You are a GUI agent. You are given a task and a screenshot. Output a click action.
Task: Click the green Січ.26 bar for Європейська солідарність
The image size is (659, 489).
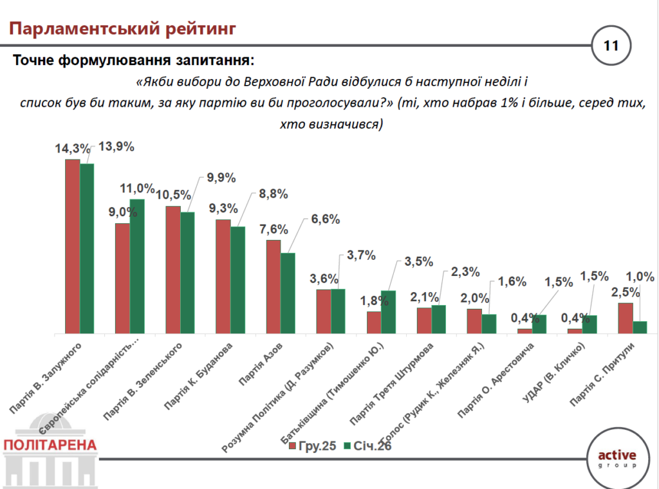tap(137, 266)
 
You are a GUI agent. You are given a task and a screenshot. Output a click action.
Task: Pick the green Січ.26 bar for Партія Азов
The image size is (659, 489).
tap(288, 293)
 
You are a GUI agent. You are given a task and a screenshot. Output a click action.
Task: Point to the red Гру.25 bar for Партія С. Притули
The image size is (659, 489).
tap(625, 318)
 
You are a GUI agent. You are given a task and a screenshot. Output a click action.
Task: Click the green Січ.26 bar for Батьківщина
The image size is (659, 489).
tap(388, 312)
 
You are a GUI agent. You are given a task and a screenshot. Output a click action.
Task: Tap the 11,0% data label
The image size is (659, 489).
tap(137, 189)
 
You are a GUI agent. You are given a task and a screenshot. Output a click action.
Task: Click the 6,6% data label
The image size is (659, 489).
tap(324, 219)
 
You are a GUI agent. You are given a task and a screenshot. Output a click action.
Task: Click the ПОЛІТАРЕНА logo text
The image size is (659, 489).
tap(50, 445)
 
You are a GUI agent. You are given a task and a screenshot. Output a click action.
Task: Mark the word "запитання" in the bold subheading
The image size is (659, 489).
tap(210, 62)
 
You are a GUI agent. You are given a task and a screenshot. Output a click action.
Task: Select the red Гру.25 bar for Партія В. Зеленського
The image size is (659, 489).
tap(172, 270)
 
